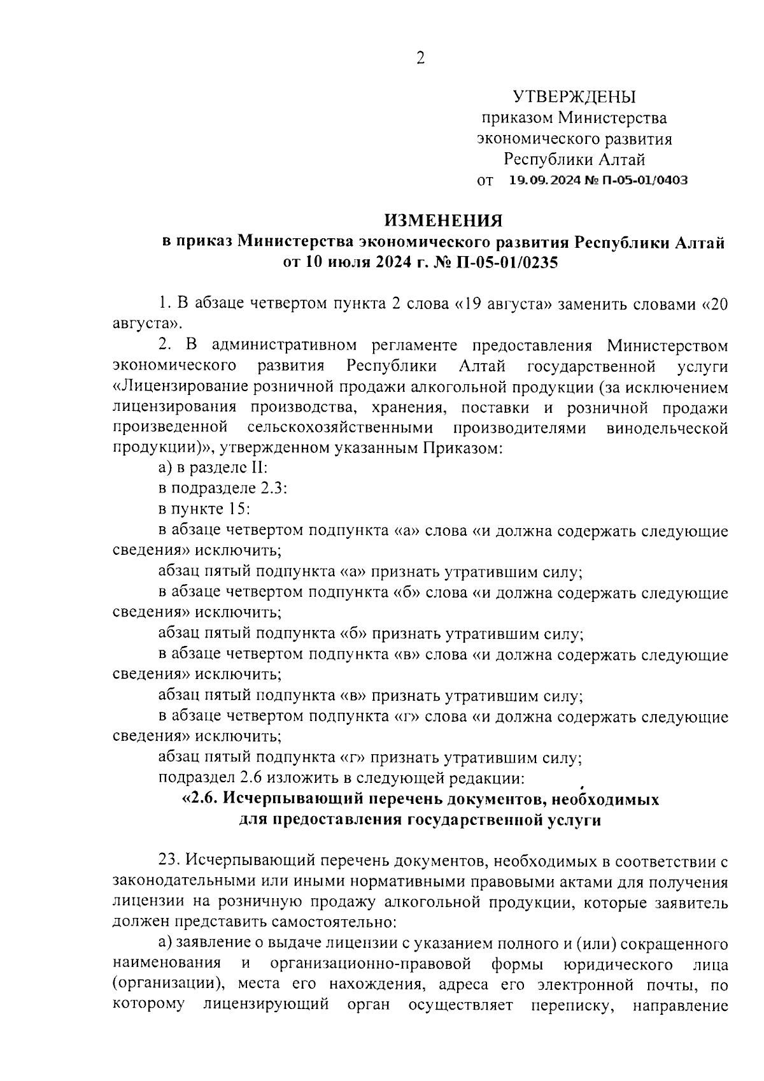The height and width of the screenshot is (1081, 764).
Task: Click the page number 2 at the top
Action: tap(420, 59)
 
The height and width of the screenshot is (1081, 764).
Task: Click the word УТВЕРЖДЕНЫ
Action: tap(574, 97)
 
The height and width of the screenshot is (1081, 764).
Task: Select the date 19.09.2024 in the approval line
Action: tap(541, 180)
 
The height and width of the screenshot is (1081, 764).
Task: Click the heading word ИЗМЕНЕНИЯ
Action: tap(442, 220)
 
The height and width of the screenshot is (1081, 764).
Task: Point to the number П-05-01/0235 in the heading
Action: tap(502, 262)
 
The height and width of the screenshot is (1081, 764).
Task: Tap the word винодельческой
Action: tap(667, 428)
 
